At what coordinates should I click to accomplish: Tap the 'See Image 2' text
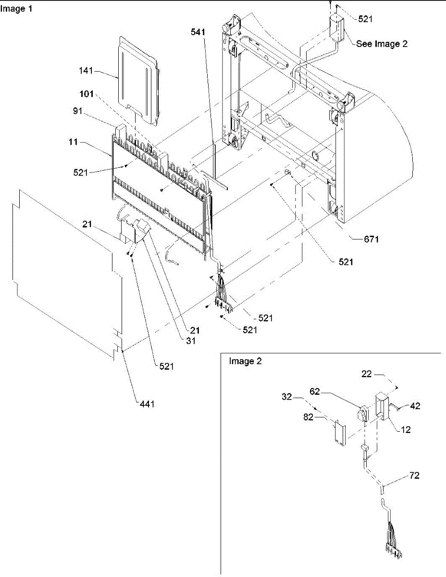382,44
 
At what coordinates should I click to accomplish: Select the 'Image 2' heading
245,362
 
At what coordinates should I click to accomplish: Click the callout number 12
406,430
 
